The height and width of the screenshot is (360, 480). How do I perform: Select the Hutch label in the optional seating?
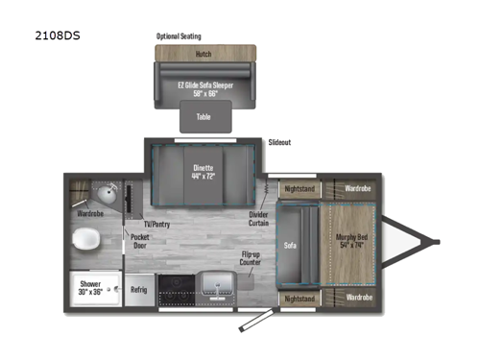[x=203, y=54]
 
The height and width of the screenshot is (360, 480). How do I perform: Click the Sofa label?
[x=289, y=243]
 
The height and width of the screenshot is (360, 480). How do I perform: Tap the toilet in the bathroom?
[x=84, y=239]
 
